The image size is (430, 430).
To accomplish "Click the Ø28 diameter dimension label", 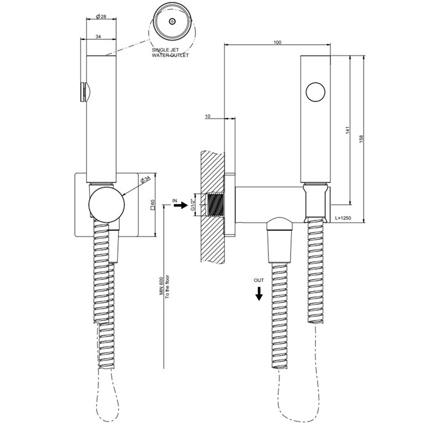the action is [x=101, y=17].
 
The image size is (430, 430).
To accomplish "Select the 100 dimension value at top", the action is [x=278, y=42].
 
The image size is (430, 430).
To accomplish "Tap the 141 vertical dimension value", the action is [x=348, y=130].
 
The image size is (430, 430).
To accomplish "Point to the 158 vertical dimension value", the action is [x=361, y=139].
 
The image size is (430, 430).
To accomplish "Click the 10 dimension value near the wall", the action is [x=208, y=116].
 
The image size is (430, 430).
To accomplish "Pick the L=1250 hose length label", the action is [x=343, y=218].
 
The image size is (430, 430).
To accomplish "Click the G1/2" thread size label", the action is [x=193, y=205].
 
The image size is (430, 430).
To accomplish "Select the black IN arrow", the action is [x=181, y=205].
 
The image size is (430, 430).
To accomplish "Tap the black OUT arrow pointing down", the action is [x=259, y=294].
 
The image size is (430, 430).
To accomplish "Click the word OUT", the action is [x=259, y=280].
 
